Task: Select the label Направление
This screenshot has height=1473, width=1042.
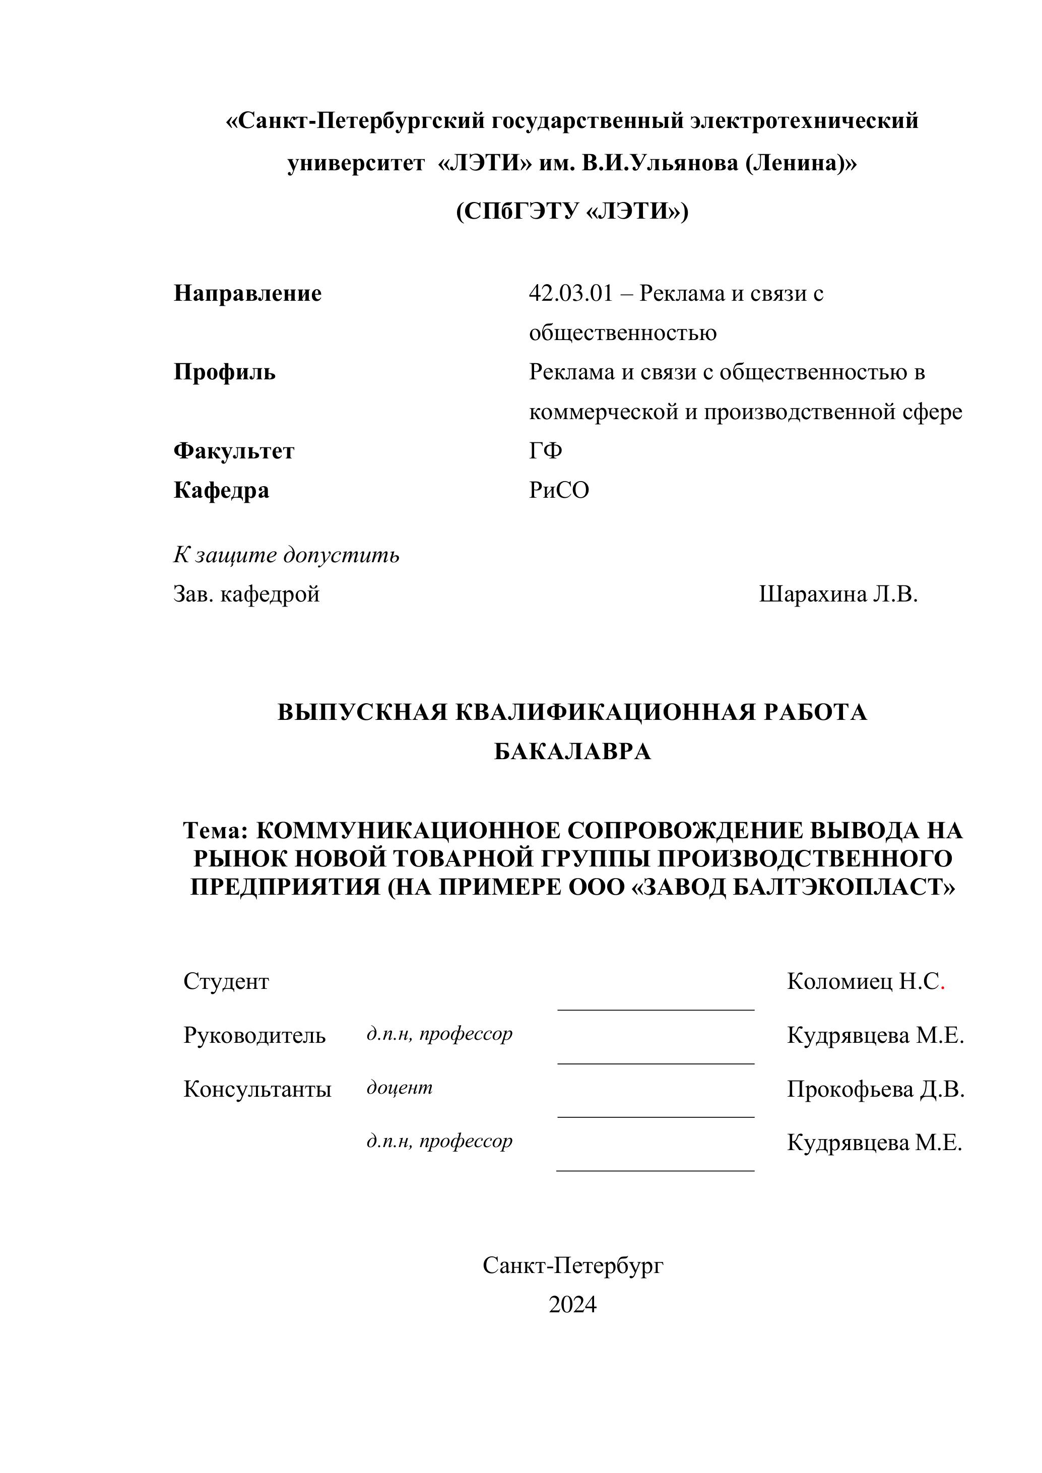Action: tap(248, 294)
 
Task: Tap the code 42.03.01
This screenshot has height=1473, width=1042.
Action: tap(571, 294)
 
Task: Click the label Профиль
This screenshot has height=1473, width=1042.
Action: tap(225, 372)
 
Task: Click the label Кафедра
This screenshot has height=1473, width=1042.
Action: tap(221, 491)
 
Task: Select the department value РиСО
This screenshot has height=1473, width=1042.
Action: tap(559, 491)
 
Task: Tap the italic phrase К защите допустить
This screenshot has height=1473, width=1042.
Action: tap(286, 555)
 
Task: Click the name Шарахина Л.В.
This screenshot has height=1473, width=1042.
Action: tap(838, 595)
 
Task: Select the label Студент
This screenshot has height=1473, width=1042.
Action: tap(226, 981)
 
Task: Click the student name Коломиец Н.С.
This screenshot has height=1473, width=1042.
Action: tap(865, 981)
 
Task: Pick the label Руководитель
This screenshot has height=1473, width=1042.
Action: tap(254, 1035)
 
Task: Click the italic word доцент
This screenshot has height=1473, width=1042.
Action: tap(399, 1088)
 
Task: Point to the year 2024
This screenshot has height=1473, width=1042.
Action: tap(572, 1305)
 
